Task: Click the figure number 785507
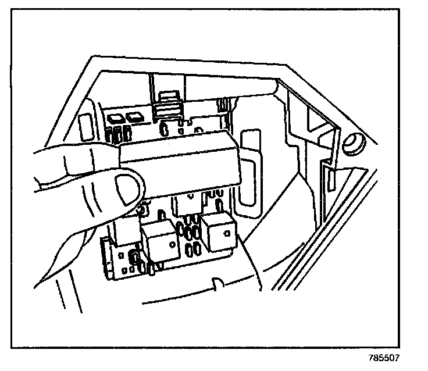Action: pyautogui.click(x=383, y=358)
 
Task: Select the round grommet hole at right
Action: pyautogui.click(x=353, y=142)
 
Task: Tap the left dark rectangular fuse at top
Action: pyautogui.click(x=116, y=117)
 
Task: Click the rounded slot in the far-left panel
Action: pyautogui.click(x=84, y=126)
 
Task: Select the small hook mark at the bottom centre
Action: pyautogui.click(x=216, y=283)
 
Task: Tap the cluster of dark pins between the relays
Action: pyautogui.click(x=188, y=233)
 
